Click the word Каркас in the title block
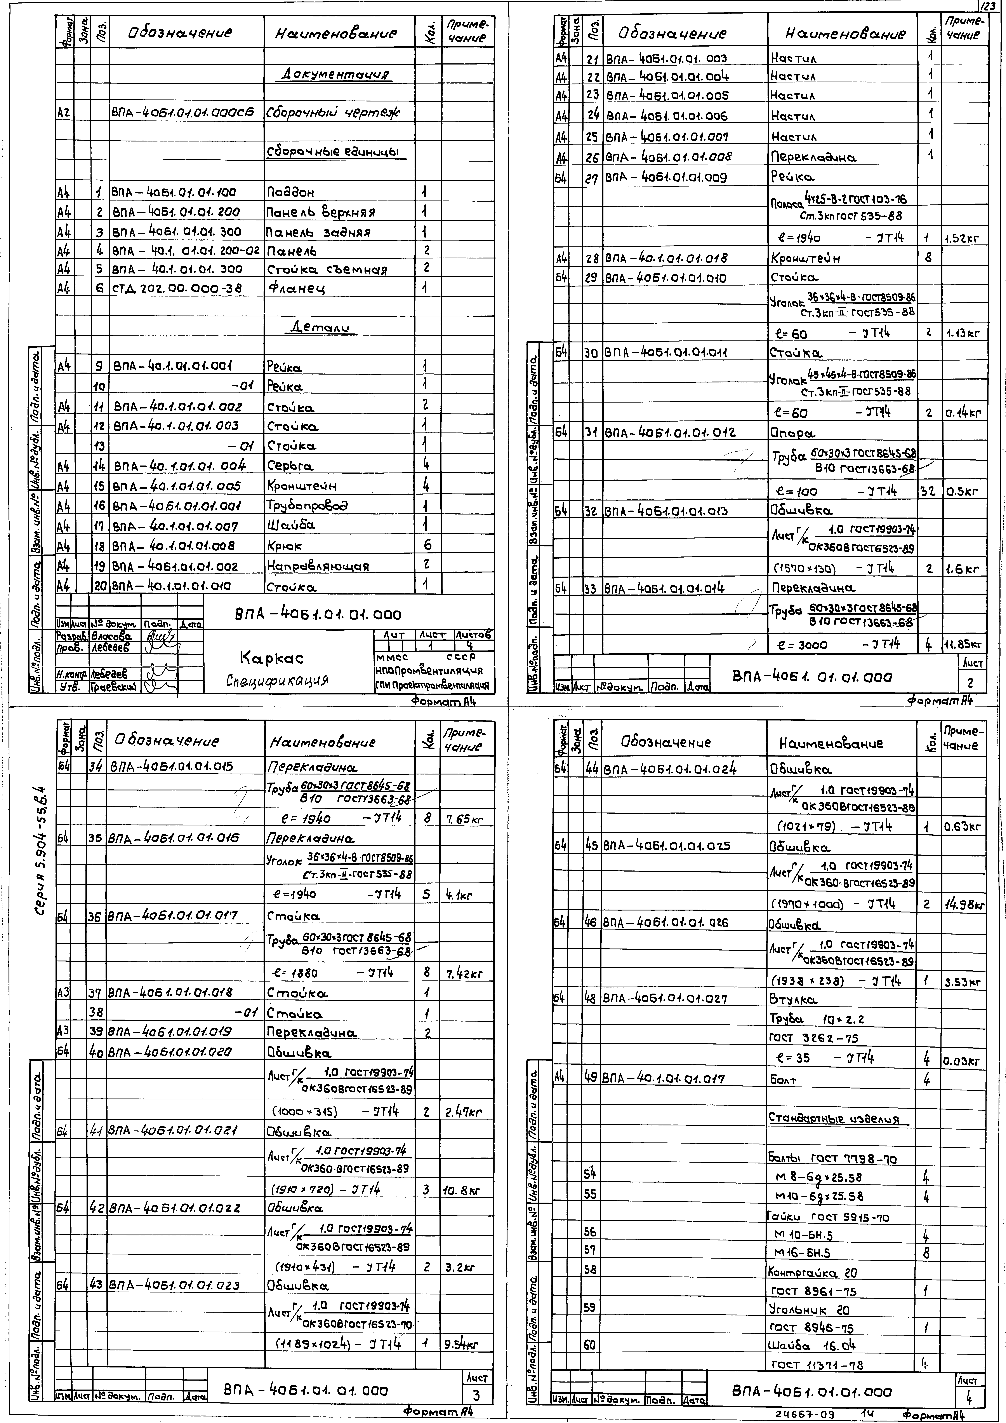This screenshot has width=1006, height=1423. click(x=271, y=657)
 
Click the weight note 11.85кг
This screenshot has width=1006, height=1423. click(x=963, y=645)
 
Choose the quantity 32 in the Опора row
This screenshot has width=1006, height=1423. click(x=927, y=492)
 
